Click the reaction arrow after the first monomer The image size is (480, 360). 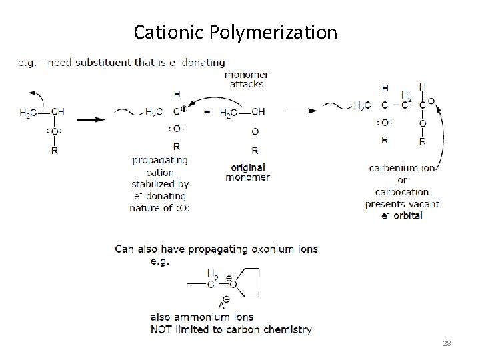[91, 120]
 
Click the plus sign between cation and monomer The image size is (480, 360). [207, 112]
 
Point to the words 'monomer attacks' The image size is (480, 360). [247, 79]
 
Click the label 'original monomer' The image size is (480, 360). [247, 172]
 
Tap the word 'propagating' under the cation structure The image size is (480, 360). [159, 160]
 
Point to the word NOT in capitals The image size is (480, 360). [163, 329]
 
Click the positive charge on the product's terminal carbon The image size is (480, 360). [432, 100]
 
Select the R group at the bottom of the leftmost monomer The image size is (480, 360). [54, 151]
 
